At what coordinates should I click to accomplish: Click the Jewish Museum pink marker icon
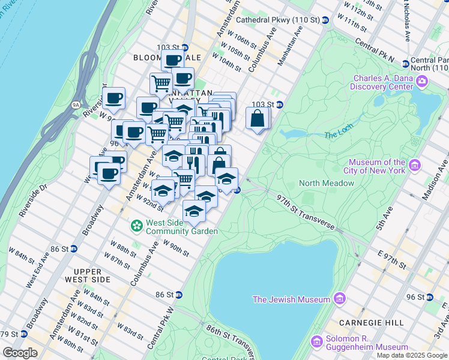coord(340,299)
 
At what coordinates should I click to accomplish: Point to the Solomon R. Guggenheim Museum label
coord(367,342)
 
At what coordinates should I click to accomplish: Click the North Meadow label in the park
coord(327,183)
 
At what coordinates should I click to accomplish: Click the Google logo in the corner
coord(20,353)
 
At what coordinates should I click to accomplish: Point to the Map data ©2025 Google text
coord(412,355)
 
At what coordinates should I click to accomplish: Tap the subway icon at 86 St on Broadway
coord(73,248)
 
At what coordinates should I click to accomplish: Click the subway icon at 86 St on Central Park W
coord(178,295)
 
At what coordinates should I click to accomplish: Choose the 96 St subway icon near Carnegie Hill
coord(429,297)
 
